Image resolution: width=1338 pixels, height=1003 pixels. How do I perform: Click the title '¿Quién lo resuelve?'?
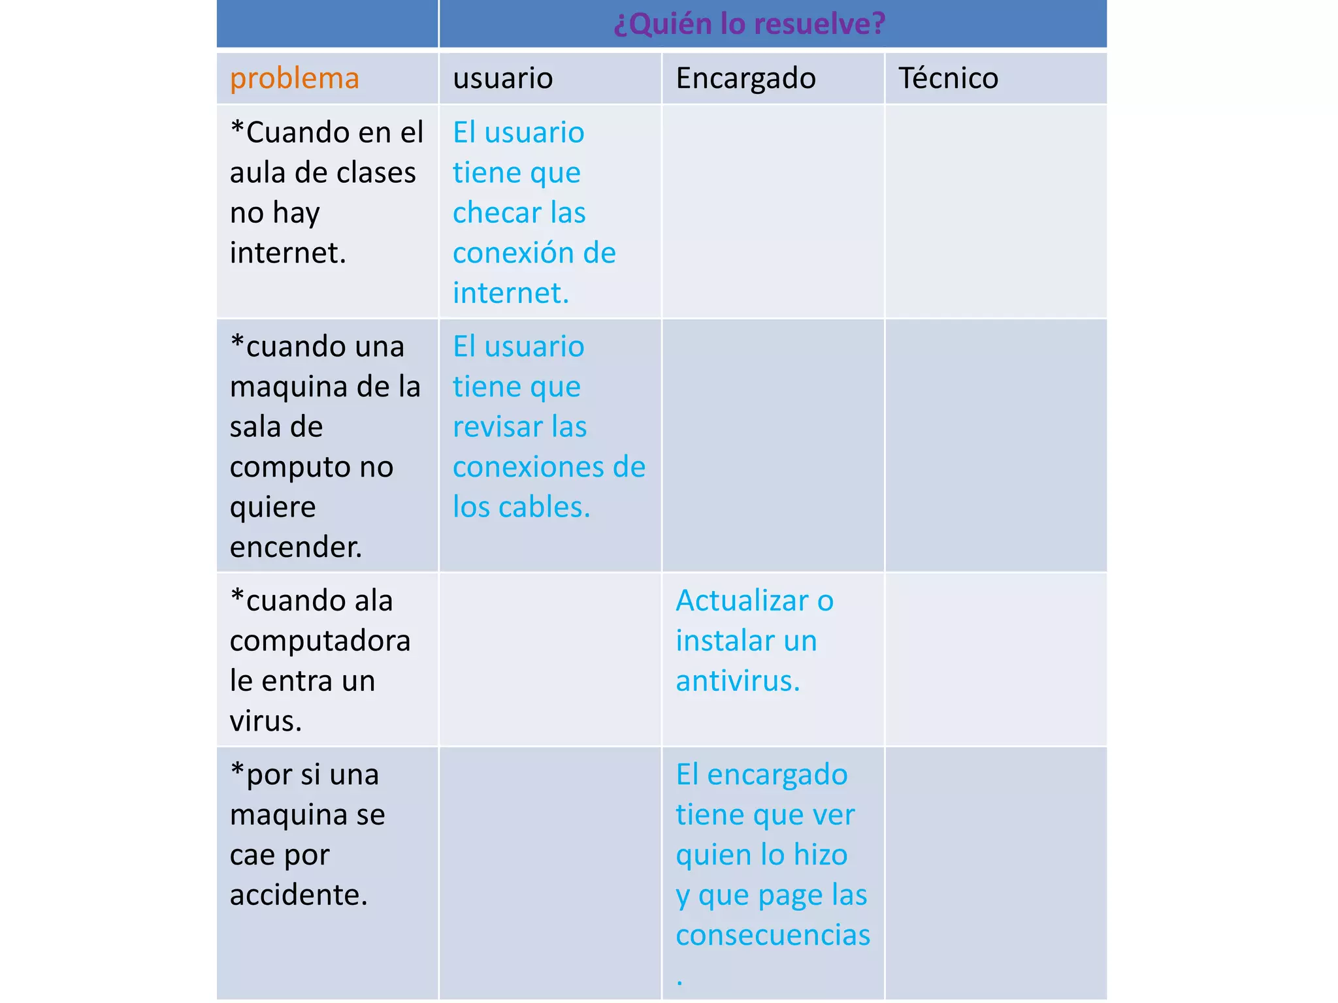(x=749, y=24)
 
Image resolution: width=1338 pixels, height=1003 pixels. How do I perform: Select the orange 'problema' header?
(x=295, y=78)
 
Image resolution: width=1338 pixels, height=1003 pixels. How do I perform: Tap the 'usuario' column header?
(x=502, y=78)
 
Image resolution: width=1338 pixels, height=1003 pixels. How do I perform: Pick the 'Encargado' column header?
(x=745, y=78)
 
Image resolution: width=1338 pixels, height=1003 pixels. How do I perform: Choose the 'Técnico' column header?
(x=948, y=78)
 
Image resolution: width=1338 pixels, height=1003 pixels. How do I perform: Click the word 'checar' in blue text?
(x=497, y=213)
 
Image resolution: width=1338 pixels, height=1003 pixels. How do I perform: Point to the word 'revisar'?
(x=497, y=427)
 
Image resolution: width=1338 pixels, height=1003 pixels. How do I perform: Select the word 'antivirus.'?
(x=738, y=681)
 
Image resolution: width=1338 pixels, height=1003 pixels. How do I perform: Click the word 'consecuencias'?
(x=773, y=935)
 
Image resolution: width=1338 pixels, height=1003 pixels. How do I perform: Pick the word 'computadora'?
(x=320, y=641)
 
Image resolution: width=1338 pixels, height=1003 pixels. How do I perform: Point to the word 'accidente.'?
(x=299, y=895)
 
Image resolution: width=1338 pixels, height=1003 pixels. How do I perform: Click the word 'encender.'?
(x=295, y=547)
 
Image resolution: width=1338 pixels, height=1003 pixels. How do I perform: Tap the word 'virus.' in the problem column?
(x=265, y=722)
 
